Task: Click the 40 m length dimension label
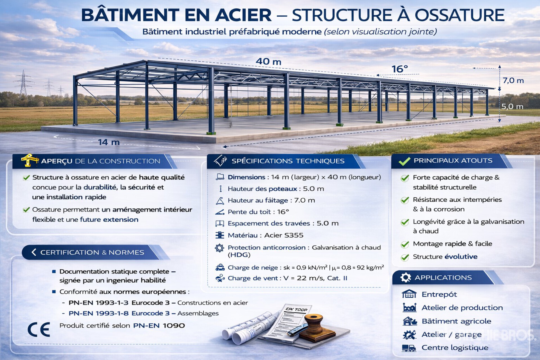268,61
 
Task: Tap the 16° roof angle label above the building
400,69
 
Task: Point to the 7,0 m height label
513,81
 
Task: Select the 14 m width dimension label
109,142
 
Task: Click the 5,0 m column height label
512,107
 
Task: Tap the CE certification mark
39,329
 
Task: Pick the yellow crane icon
29,160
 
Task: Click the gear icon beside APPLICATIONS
405,278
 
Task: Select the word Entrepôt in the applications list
439,294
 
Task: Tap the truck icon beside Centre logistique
409,348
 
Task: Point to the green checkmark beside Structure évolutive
405,257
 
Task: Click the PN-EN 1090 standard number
159,326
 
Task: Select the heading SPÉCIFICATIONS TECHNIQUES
288,161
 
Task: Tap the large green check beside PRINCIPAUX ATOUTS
404,161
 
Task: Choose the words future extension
109,219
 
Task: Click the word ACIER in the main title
243,15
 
